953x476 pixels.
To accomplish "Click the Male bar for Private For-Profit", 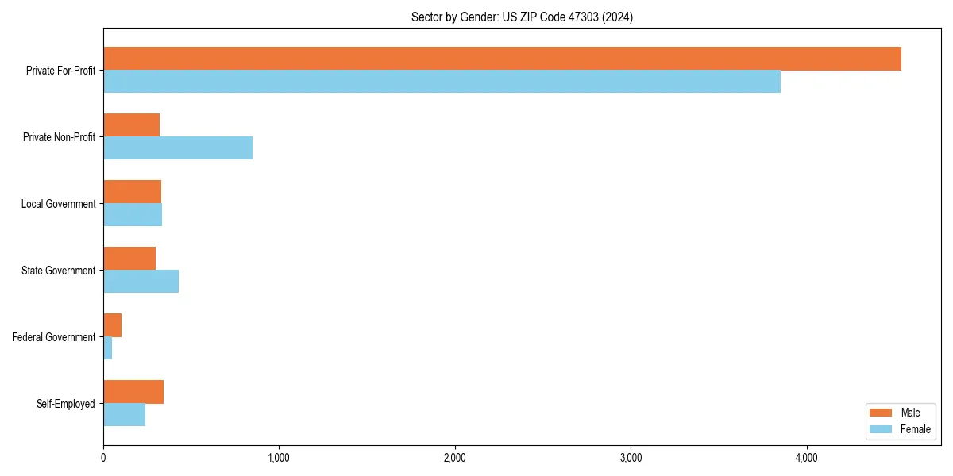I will coord(502,59).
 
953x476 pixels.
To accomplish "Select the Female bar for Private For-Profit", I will coord(442,82).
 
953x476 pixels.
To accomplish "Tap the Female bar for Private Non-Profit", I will coord(178,148).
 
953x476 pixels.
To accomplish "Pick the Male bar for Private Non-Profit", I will coord(131,125).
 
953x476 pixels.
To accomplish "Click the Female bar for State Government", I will coord(141,282).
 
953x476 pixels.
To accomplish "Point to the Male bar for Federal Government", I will coord(112,325).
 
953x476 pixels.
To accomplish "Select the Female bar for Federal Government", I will coord(107,348).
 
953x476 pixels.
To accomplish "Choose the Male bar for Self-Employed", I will coord(133,392).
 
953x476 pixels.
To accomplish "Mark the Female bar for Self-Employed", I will coord(124,415).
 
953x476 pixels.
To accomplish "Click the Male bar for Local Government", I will coord(132,192).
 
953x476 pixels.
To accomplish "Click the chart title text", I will coord(522,17).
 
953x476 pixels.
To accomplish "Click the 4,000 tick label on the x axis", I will coord(806,458).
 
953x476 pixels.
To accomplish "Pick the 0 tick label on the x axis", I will coord(103,458).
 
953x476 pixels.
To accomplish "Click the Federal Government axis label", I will coord(54,337).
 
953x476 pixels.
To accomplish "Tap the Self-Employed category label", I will coord(65,404).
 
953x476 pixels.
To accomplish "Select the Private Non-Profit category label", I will coord(59,137).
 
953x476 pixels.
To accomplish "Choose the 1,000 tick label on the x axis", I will coord(279,458).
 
